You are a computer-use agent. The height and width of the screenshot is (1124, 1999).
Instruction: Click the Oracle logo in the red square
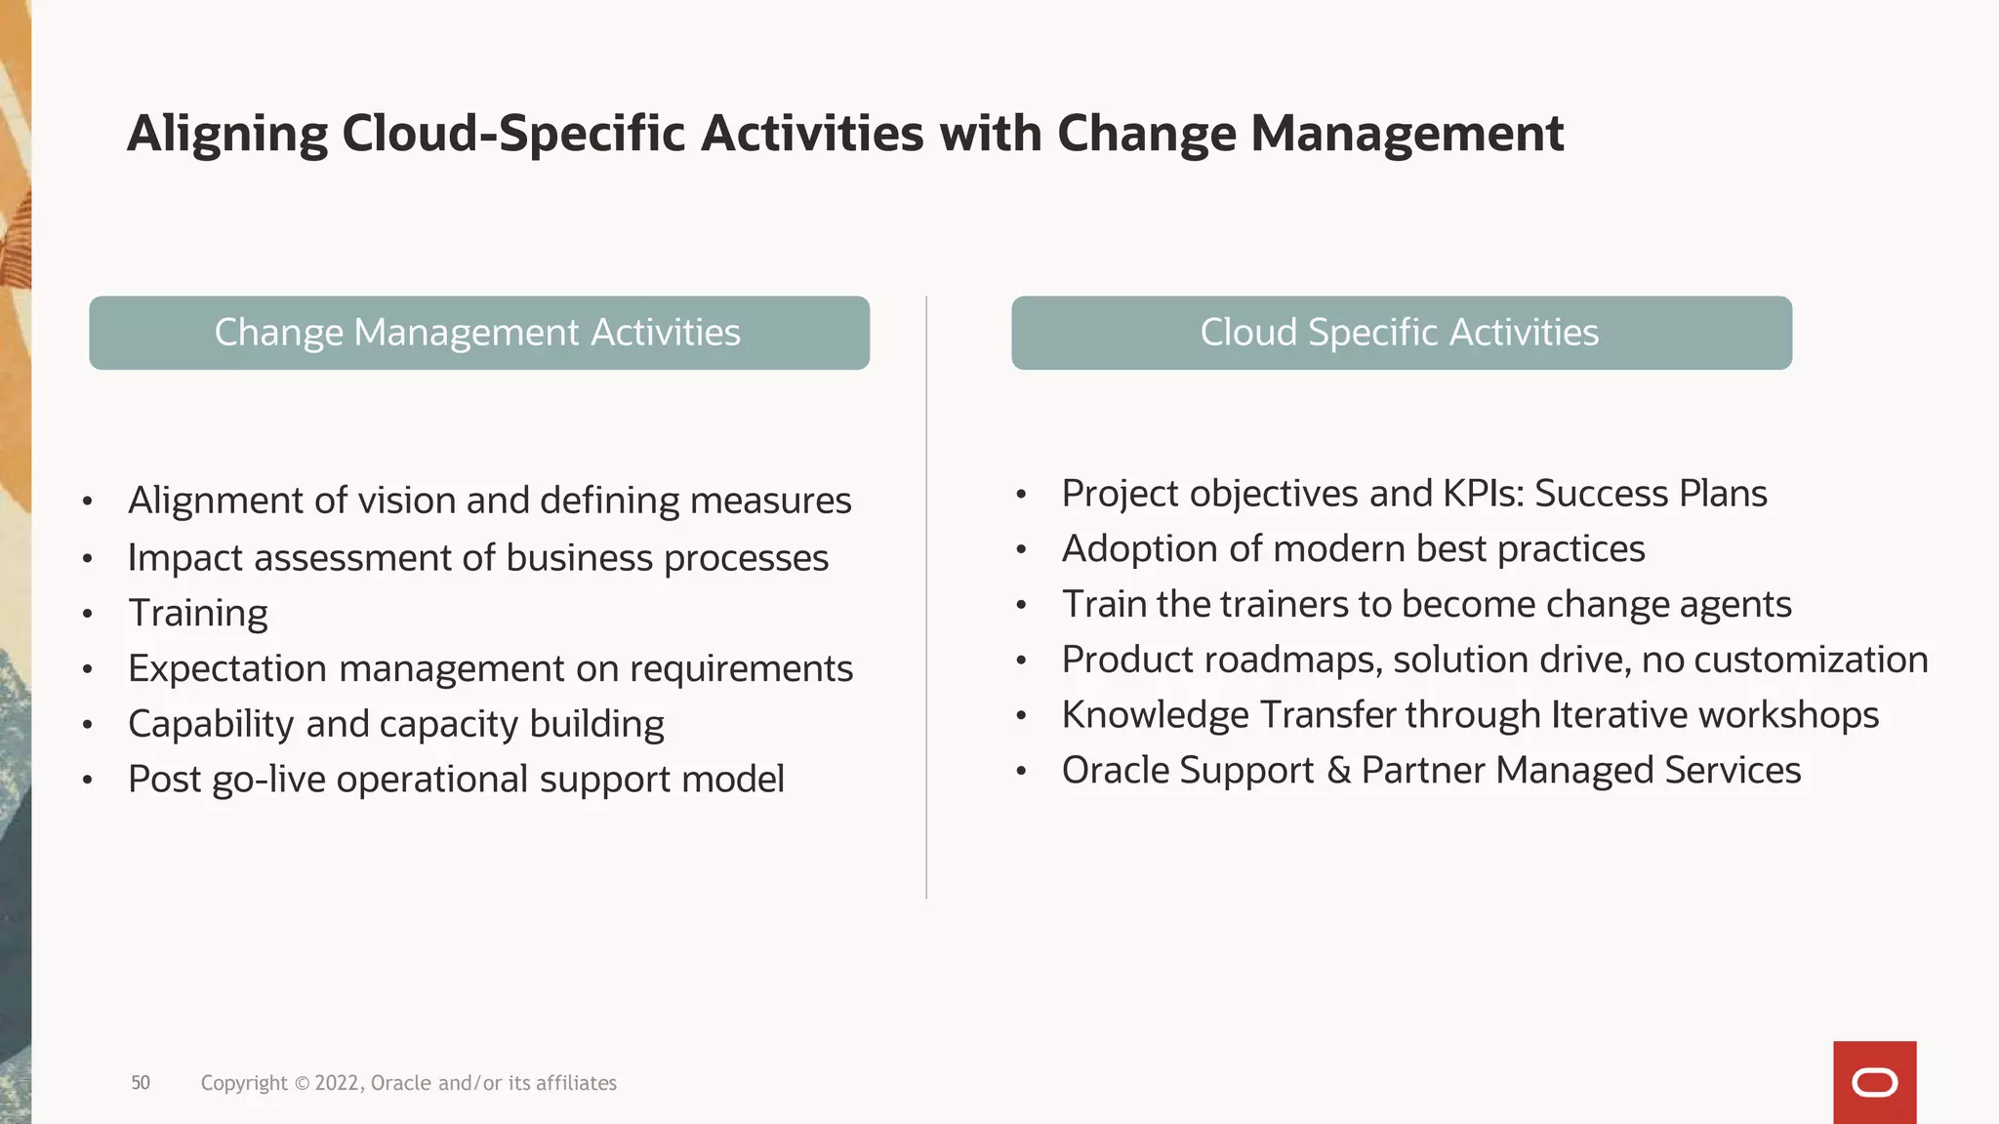tap(1874, 1083)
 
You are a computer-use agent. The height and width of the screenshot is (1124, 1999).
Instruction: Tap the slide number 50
tap(141, 1083)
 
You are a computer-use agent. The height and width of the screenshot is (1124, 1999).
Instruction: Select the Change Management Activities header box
tap(479, 333)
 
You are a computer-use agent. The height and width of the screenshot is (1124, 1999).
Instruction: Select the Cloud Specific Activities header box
tap(1402, 333)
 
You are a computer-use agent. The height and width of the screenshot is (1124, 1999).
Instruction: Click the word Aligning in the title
tap(227, 134)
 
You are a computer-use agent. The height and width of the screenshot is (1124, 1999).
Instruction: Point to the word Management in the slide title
tap(1407, 134)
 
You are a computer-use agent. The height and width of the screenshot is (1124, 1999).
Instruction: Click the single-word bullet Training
tap(198, 614)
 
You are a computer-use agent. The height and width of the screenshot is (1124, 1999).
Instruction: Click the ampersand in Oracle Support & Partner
tap(1339, 771)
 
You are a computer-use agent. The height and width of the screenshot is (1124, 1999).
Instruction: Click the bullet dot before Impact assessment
tap(88, 559)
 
